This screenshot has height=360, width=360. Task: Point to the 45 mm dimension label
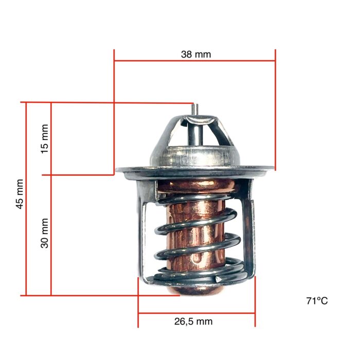(x=20, y=193)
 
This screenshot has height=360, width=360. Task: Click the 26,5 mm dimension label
(x=193, y=322)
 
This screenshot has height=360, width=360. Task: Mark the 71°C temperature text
(x=317, y=301)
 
